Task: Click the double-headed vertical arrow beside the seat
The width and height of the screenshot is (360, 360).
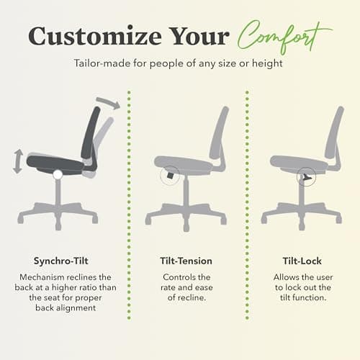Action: [x=17, y=161]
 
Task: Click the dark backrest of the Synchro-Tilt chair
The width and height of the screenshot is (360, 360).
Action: [x=92, y=133]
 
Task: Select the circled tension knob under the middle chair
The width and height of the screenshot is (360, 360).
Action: [x=170, y=174]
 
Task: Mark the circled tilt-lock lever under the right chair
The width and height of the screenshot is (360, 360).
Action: [x=307, y=175]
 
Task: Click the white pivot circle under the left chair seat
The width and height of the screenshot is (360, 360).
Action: [x=58, y=174]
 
